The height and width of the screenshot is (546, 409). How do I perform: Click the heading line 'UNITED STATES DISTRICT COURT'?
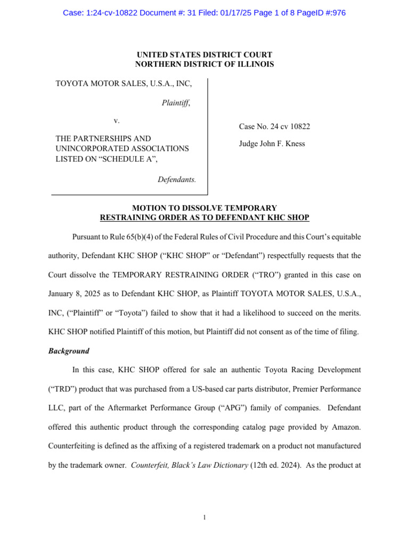[x=204, y=55]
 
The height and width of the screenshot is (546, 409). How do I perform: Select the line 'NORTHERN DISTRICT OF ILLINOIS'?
[x=204, y=65]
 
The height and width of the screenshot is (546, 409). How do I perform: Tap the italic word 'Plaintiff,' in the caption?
[x=176, y=103]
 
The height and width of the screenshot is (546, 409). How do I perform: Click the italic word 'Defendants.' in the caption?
[x=177, y=180]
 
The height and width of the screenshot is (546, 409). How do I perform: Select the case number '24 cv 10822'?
[x=289, y=127]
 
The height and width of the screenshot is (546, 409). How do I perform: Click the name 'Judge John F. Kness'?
[x=272, y=144]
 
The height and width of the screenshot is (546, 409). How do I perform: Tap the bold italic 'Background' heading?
[x=69, y=351]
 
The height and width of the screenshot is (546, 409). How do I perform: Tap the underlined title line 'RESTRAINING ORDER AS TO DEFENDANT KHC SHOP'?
[x=204, y=218]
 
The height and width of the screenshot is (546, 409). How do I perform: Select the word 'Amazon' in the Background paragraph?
[x=346, y=427]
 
